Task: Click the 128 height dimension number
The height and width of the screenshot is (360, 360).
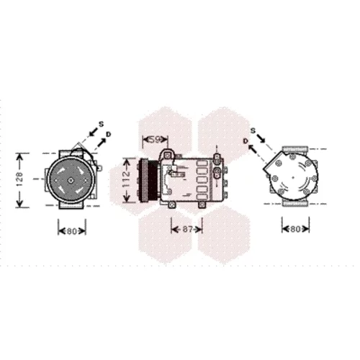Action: click(19, 180)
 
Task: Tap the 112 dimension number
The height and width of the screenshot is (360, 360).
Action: click(126, 180)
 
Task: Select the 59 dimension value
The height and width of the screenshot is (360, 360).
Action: click(156, 140)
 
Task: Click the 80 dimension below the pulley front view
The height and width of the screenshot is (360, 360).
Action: click(71, 231)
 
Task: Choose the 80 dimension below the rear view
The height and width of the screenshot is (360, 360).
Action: click(295, 229)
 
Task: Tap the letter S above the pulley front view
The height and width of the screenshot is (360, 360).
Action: click(102, 124)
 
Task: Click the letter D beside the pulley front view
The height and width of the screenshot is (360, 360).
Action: click(109, 134)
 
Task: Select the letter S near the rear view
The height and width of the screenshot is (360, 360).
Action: click(253, 131)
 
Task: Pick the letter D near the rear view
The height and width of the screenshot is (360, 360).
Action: click(246, 141)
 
